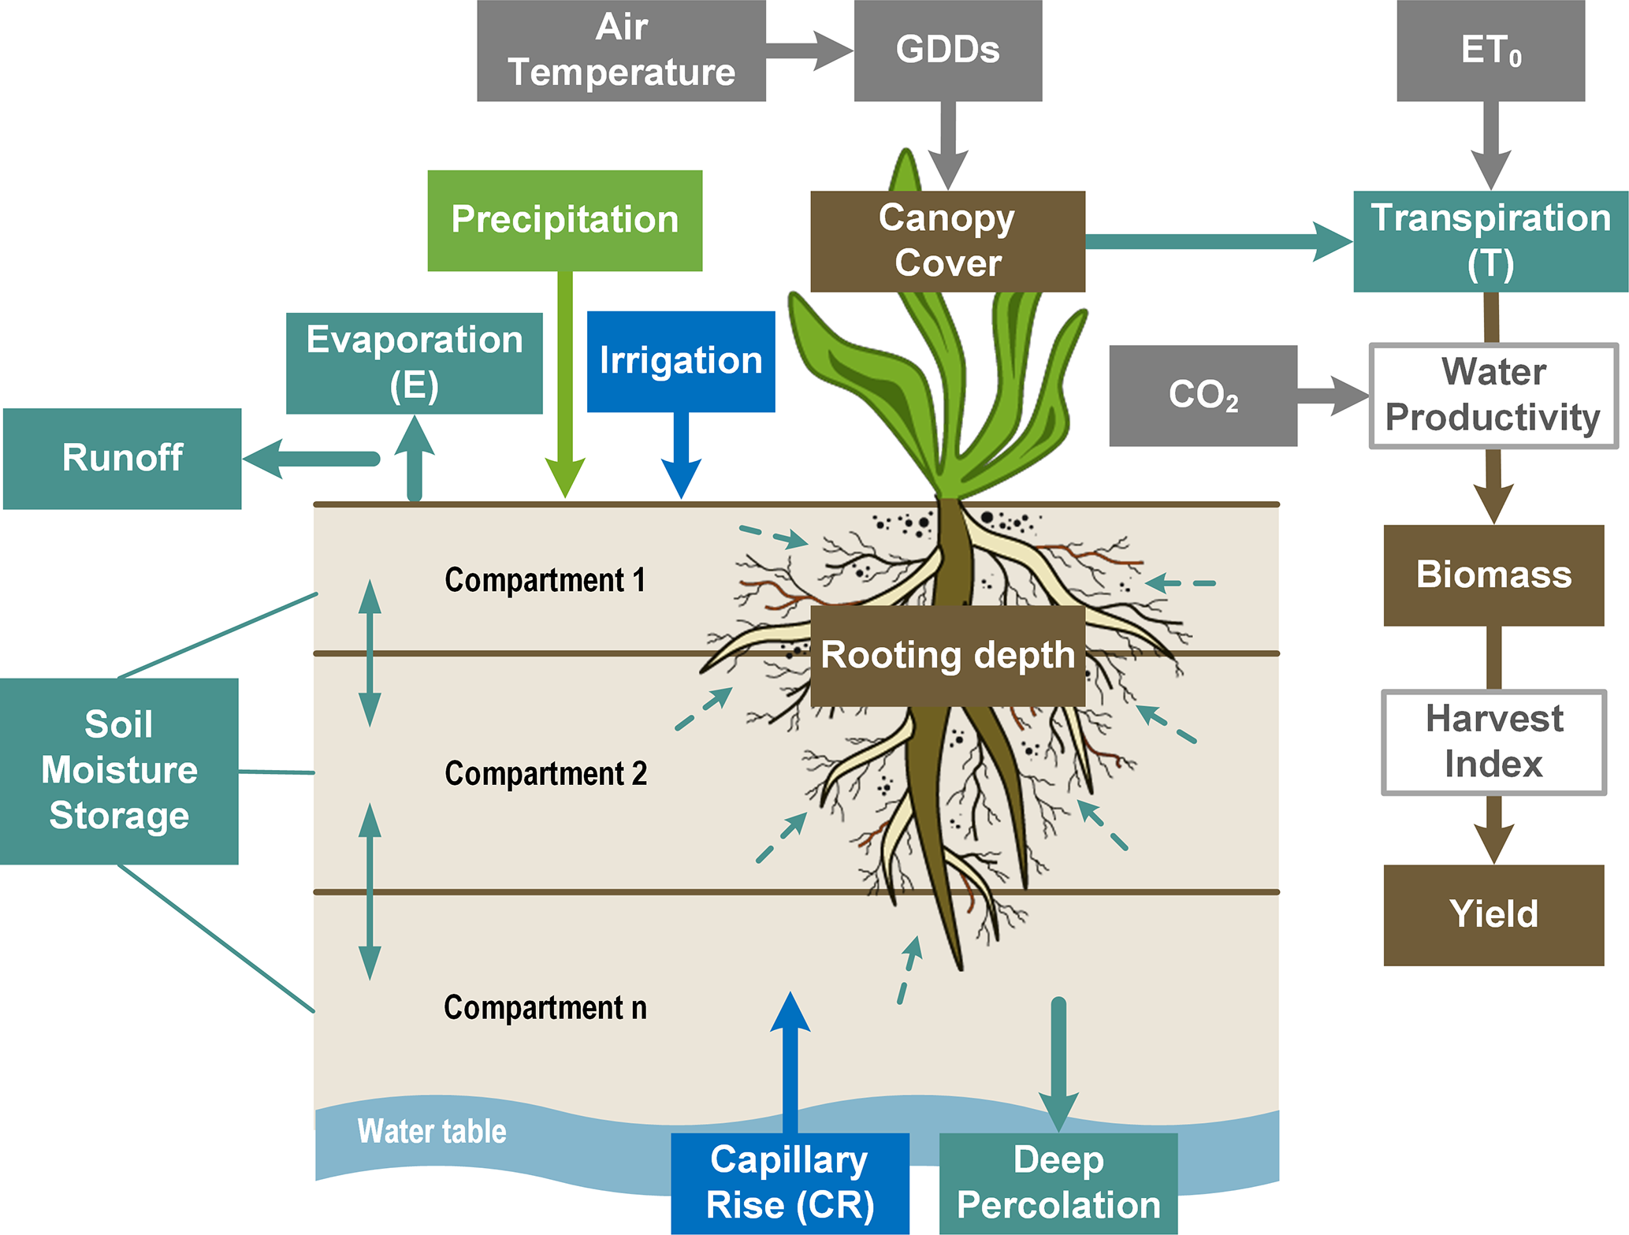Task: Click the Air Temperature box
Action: point(621,50)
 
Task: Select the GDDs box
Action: point(947,50)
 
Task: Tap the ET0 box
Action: point(1490,50)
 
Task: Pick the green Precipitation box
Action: point(564,221)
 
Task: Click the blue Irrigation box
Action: point(681,362)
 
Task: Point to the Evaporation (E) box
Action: point(414,363)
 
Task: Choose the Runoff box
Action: point(122,459)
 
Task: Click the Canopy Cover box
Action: point(947,241)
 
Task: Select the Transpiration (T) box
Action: point(1490,241)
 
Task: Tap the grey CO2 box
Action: point(1203,396)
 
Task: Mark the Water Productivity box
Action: point(1493,396)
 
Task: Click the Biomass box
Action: point(1493,575)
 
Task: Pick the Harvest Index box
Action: point(1493,742)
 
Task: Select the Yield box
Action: point(1493,915)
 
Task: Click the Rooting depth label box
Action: point(947,656)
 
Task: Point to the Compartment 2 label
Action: point(545,774)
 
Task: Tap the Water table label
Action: point(432,1132)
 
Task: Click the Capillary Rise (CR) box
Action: point(790,1183)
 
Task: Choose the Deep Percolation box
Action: point(1058,1183)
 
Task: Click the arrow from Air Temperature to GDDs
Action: point(809,50)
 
